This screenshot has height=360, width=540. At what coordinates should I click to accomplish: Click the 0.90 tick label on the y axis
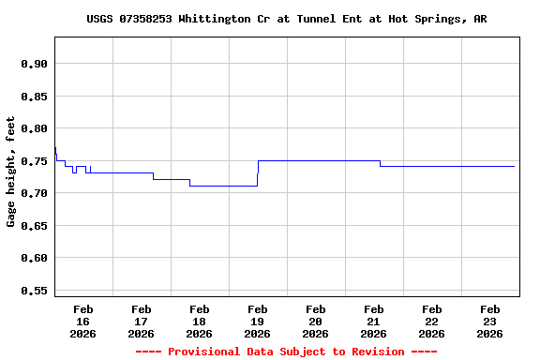point(34,64)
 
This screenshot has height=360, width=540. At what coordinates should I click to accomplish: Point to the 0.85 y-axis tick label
point(34,96)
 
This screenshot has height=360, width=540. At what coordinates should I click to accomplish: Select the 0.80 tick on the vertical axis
point(34,128)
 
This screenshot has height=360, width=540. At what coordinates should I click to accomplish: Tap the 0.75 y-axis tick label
point(34,161)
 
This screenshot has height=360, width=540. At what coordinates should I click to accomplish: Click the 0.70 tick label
point(34,193)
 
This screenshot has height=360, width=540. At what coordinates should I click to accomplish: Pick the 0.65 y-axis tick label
point(34,226)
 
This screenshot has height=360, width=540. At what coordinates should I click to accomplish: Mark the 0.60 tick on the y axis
point(34,258)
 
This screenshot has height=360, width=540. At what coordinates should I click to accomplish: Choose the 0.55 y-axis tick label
point(34,291)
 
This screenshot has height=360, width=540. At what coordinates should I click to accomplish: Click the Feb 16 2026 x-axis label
point(82,321)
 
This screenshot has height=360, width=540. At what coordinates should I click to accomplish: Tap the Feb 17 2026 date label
point(141,321)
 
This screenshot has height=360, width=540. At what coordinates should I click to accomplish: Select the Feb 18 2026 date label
point(199,321)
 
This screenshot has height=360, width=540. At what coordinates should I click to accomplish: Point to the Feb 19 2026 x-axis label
point(257,321)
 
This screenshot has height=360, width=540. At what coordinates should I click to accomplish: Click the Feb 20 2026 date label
point(315,321)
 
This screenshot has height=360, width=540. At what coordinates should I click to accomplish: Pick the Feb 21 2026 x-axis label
point(373,321)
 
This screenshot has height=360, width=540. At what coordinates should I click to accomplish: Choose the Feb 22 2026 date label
point(431,321)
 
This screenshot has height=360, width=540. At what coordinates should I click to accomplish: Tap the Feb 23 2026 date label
point(489,321)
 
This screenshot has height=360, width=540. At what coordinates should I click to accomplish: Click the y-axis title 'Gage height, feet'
point(11,172)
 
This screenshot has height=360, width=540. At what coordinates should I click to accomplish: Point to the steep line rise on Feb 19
point(258,172)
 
